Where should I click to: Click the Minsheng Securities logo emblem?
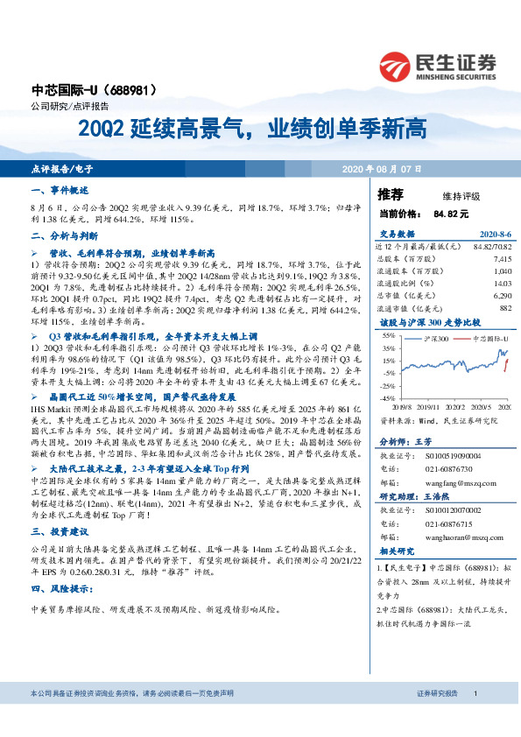click(x=396, y=65)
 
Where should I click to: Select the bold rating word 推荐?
click(x=390, y=194)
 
